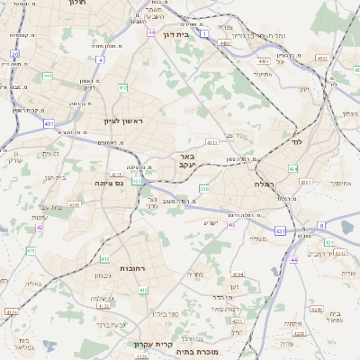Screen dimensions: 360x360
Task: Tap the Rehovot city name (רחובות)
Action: [135, 268]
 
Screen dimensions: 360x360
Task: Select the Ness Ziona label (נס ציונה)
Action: [110, 183]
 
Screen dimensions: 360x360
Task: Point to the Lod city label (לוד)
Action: [296, 142]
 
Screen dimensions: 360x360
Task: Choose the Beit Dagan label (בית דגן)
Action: [179, 35]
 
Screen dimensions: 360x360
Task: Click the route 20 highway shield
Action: [15, 54]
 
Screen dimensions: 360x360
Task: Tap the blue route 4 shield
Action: [100, 59]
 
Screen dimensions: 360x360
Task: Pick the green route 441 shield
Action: [47, 76]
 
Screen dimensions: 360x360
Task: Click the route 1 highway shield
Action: [204, 33]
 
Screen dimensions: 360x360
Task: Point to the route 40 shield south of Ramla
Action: [230, 225]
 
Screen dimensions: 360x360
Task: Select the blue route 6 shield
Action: [321, 225]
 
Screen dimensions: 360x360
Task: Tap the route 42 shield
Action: [40, 228]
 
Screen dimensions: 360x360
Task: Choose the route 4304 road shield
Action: [238, 274]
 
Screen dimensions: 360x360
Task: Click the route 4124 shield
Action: [12, 311]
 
